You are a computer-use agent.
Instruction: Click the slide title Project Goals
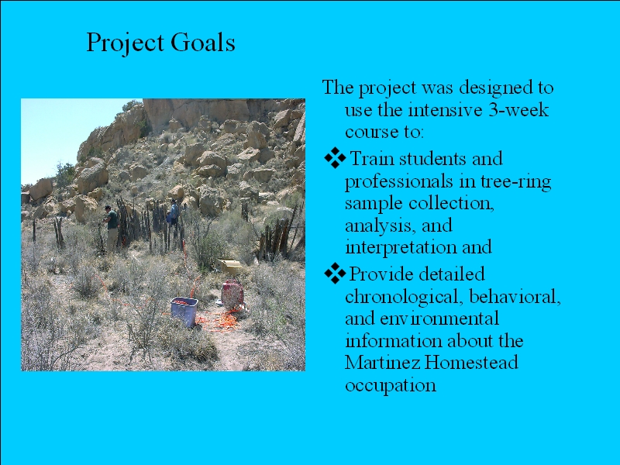point(160,43)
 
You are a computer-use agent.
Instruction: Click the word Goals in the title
point(203,42)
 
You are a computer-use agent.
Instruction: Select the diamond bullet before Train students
point(335,158)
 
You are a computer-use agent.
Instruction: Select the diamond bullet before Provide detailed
point(335,274)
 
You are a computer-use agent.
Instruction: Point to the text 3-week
point(518,109)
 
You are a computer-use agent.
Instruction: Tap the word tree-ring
point(515,182)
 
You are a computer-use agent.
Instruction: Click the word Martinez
point(382,362)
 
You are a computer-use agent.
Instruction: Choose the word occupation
point(391,385)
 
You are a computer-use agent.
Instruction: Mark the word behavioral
point(515,296)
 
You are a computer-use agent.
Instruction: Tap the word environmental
point(439,319)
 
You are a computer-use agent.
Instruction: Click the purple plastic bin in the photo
point(184,311)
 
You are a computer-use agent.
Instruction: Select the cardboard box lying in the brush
point(229,267)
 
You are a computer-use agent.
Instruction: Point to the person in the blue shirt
point(172,216)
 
